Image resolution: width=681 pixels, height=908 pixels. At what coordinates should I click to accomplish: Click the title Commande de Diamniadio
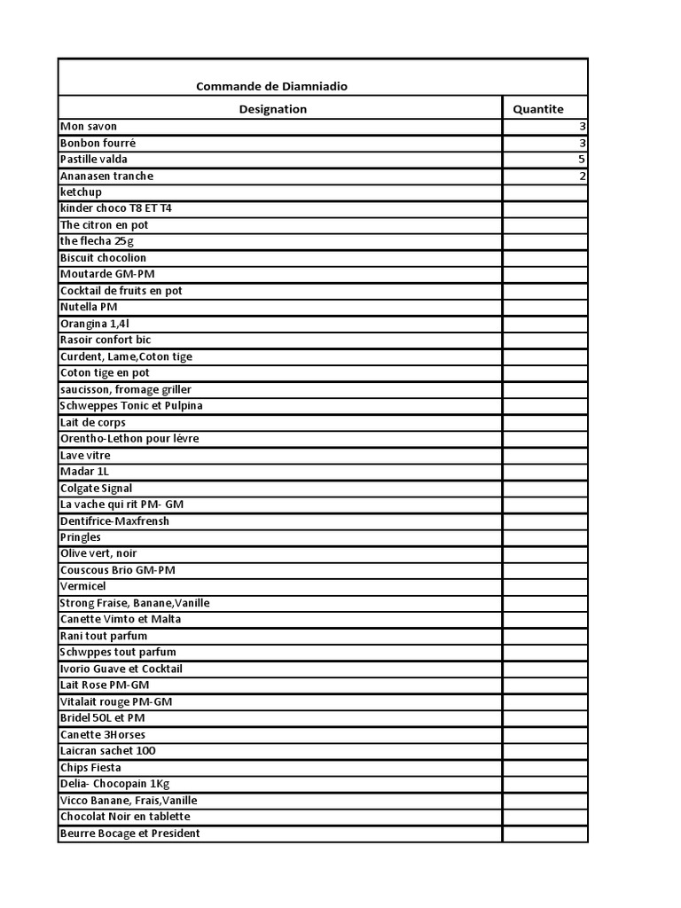click(271, 86)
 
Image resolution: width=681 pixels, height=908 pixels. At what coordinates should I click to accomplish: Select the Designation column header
click(273, 109)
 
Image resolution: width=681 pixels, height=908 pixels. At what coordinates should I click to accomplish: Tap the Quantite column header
click(538, 109)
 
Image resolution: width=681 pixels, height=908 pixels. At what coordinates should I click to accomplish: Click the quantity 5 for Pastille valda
click(582, 160)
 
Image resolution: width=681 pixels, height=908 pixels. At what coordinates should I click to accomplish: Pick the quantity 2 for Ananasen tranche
click(582, 176)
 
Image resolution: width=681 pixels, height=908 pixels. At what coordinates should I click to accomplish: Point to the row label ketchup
click(81, 192)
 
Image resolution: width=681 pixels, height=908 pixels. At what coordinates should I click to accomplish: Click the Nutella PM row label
click(89, 307)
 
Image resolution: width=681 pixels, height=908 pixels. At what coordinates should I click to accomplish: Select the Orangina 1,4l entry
click(94, 324)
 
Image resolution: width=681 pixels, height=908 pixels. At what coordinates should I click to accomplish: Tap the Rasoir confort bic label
click(106, 340)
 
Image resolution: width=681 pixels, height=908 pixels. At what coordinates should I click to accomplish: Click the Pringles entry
click(81, 537)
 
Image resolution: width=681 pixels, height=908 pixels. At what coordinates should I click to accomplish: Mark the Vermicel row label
click(82, 586)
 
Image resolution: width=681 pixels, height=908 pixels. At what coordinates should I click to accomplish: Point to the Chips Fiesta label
click(90, 767)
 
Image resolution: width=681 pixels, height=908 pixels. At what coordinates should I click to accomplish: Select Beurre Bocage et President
click(129, 834)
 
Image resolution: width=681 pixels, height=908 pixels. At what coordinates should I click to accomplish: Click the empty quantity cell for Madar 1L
click(545, 472)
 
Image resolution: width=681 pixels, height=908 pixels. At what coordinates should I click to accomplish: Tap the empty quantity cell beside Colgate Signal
click(545, 488)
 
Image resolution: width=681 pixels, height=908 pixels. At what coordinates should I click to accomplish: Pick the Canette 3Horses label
click(103, 734)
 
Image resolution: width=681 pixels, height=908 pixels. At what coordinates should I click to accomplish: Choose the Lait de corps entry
click(93, 422)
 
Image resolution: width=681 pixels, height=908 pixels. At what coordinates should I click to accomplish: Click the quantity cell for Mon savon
click(545, 127)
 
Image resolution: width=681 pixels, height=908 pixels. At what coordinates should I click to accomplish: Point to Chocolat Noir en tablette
click(125, 817)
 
